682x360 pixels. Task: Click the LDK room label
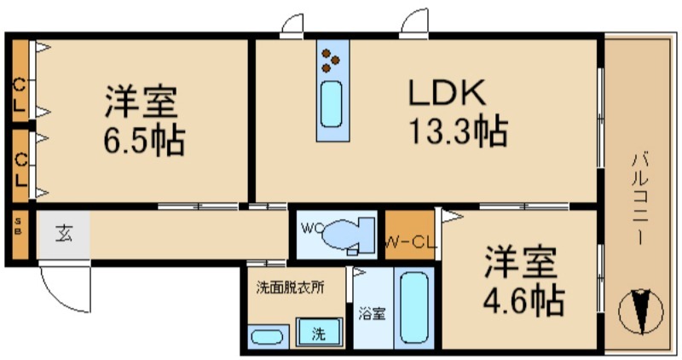[x=447, y=92]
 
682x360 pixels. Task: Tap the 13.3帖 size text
[x=459, y=131]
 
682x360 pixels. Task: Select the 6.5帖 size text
[x=144, y=140]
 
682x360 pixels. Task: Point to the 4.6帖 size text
[x=523, y=300]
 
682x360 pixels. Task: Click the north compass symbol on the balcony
[x=641, y=311]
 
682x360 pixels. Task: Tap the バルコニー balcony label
[x=639, y=198]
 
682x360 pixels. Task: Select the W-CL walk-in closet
[x=410, y=235]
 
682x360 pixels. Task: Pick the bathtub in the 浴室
[x=414, y=308]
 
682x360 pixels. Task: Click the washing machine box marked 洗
[x=319, y=333]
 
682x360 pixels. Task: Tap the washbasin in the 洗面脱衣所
[x=268, y=336]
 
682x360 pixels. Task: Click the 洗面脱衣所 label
[x=290, y=287]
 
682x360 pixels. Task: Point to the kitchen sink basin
[x=331, y=104]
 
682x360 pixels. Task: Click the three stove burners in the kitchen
[x=330, y=60]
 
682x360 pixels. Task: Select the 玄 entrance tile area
[x=64, y=235]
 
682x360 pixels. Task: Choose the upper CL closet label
[x=19, y=95]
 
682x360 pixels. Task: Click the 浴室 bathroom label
[x=373, y=313]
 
